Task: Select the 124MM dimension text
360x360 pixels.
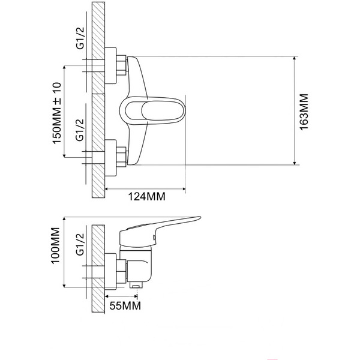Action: [146, 196]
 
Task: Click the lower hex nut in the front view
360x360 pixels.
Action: [121, 155]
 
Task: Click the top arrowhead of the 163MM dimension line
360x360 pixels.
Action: [295, 59]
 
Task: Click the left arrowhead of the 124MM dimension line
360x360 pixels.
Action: [109, 188]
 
